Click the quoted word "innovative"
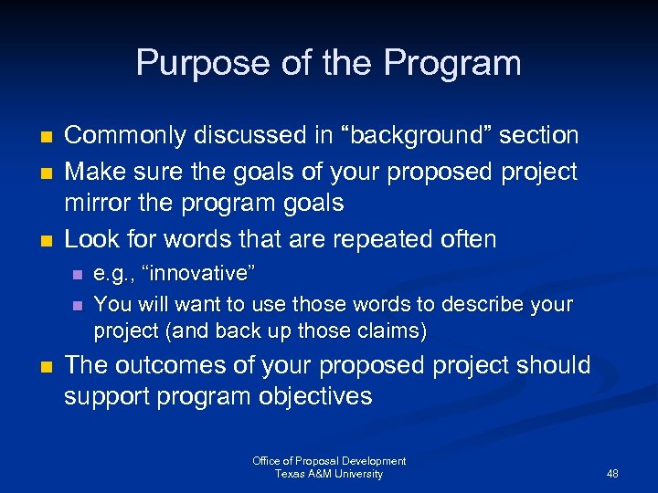click(201, 274)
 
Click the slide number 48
click(612, 474)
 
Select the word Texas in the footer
click(291, 474)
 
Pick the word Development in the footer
click(371, 461)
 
